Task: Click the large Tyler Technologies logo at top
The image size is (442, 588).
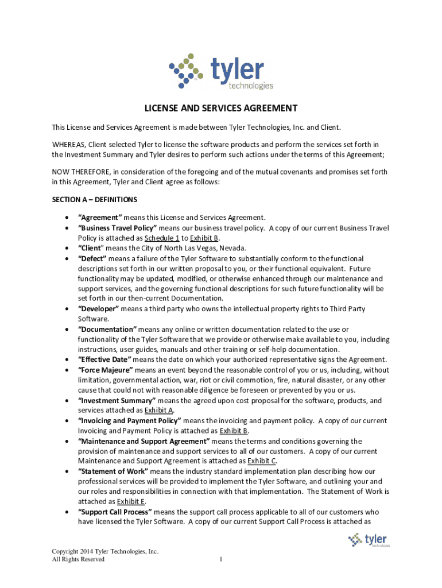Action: [221, 71]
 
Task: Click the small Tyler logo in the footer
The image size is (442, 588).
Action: [369, 540]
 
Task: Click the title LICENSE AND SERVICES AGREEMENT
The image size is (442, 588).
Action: [220, 108]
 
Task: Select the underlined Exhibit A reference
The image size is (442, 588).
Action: [159, 411]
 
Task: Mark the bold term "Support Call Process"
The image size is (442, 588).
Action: [115, 512]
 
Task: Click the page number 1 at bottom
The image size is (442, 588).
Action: [220, 560]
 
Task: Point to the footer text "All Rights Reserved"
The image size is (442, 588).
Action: [78, 560]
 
